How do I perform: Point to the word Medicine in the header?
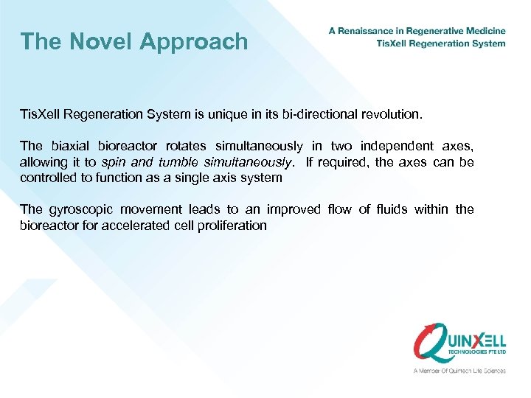tap(484, 31)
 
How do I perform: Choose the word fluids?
tap(392, 209)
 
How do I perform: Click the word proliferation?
tap(230, 225)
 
